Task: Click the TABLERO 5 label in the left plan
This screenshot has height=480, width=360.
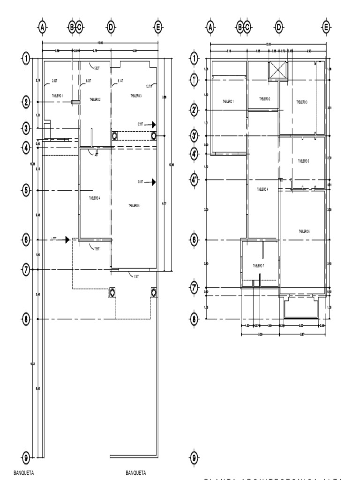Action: pos(134,205)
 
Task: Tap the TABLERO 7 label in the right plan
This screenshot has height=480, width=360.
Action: pos(259,265)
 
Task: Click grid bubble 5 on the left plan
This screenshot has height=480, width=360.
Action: pos(26,190)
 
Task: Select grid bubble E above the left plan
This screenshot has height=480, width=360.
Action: pos(158,27)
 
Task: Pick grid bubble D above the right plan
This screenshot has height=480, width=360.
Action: pos(279,27)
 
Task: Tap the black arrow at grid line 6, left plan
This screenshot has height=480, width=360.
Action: pos(67,240)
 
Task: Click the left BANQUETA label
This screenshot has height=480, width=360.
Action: pos(23,473)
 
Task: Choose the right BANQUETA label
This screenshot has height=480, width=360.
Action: pos(136,473)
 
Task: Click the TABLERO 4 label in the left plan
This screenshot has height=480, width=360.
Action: pos(95,198)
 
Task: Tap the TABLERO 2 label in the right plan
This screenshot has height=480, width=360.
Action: pos(264,99)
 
